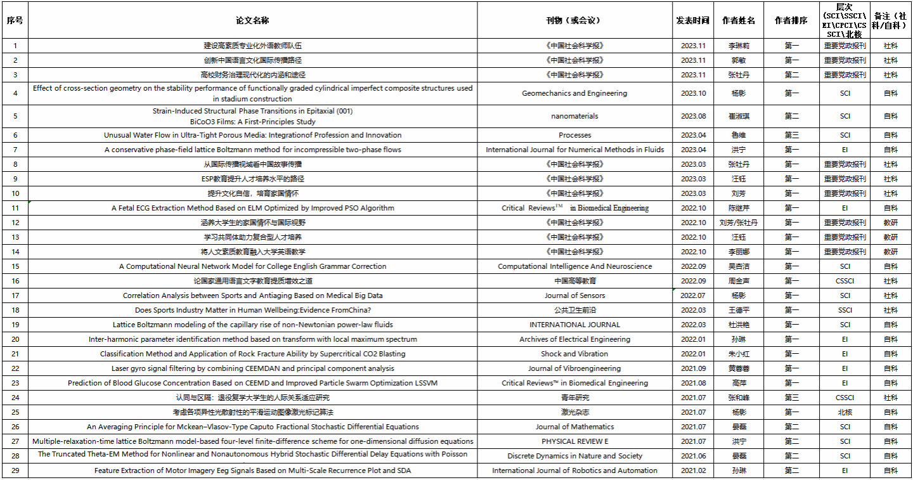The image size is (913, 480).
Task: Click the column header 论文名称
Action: pyautogui.click(x=252, y=20)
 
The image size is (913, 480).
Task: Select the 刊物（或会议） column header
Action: pyautogui.click(x=574, y=20)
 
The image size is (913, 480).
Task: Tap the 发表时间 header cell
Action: pyautogui.click(x=692, y=20)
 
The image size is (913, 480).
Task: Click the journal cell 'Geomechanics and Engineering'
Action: pyautogui.click(x=574, y=93)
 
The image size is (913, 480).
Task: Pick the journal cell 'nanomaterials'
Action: pyautogui.click(x=574, y=116)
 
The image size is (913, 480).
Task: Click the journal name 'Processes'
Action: pyautogui.click(x=574, y=135)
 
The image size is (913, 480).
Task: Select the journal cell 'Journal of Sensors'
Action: pyautogui.click(x=574, y=295)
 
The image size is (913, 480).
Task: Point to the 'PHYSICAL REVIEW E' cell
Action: pyautogui.click(x=574, y=441)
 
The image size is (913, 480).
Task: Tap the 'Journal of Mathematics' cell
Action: pyautogui.click(x=574, y=427)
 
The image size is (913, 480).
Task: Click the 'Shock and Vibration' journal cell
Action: pyautogui.click(x=574, y=354)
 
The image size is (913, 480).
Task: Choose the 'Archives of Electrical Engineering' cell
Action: pyautogui.click(x=574, y=339)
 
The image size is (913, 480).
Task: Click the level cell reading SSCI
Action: pyautogui.click(x=845, y=310)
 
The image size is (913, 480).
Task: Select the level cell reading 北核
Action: pyautogui.click(x=845, y=412)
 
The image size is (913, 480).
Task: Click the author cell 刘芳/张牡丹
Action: pyautogui.click(x=739, y=223)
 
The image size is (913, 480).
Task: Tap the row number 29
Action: pyautogui.click(x=15, y=470)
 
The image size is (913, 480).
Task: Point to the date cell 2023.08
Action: pyautogui.click(x=692, y=116)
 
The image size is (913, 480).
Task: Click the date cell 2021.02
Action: pyautogui.click(x=692, y=470)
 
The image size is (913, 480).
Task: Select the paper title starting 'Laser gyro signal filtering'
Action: pyautogui.click(x=252, y=368)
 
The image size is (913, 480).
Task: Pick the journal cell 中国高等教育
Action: pyautogui.click(x=574, y=281)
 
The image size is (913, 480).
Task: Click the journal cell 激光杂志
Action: pyautogui.click(x=574, y=412)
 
